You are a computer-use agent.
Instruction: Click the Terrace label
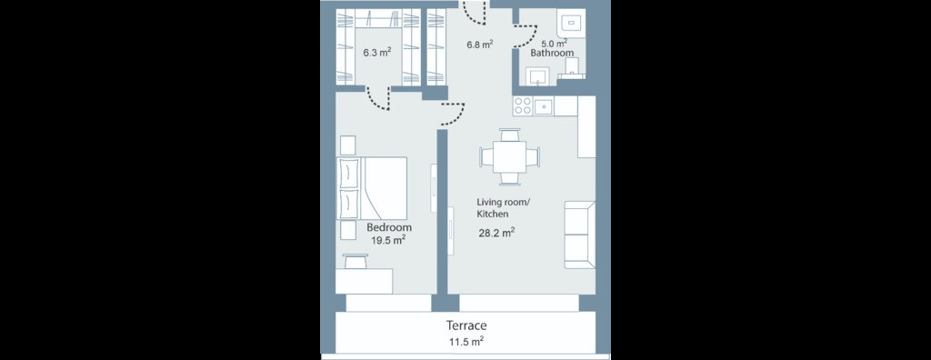pos(466,325)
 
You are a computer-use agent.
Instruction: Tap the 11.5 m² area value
pos(466,342)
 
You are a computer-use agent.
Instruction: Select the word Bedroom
pos(389,227)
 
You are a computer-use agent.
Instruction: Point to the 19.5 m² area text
pos(388,240)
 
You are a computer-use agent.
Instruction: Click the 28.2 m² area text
pos(496,233)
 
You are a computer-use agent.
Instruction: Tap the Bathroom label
pos(552,53)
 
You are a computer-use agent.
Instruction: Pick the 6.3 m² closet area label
pos(377,53)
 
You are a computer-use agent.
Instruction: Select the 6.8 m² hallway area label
pos(480,44)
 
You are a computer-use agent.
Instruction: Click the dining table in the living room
pos(510,157)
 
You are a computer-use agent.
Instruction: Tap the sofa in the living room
pos(579,235)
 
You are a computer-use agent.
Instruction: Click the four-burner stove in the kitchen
pos(523,106)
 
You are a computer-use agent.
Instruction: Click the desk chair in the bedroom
pos(355,261)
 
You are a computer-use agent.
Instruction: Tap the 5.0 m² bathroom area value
pos(554,43)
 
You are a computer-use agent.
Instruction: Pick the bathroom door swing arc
pos(527,39)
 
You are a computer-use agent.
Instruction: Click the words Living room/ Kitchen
pos(502,208)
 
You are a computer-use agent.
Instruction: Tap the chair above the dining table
pos(510,135)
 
